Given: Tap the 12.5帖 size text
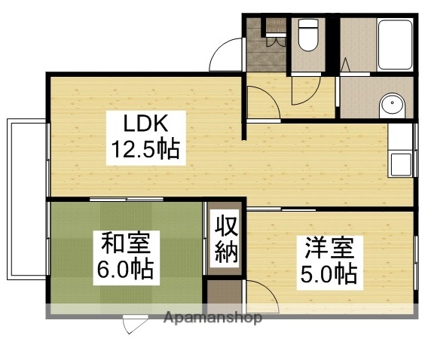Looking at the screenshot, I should click(145, 150).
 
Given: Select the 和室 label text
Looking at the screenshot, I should click(127, 244).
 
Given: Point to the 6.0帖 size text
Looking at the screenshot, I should click(125, 269).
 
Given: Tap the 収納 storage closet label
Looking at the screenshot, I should click(225, 239).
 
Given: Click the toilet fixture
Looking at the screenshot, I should click(307, 33).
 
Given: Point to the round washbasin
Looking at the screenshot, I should click(390, 105).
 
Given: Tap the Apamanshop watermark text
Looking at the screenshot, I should click(212, 318).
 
